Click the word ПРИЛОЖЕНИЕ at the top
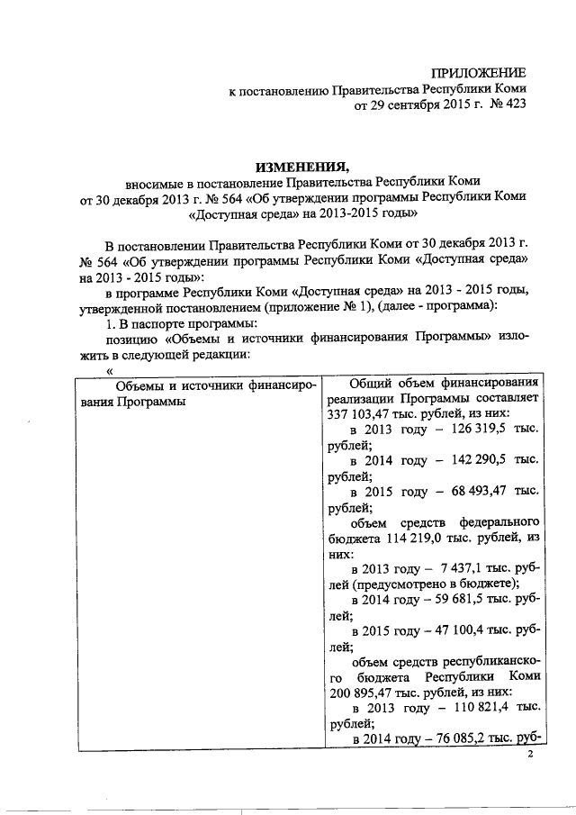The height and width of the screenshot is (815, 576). click(478, 71)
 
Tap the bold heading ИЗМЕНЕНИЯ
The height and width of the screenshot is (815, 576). click(301, 166)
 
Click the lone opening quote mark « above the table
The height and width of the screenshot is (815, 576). click(110, 371)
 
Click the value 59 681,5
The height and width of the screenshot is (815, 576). click(454, 600)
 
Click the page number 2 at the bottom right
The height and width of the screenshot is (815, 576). click(531, 755)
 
